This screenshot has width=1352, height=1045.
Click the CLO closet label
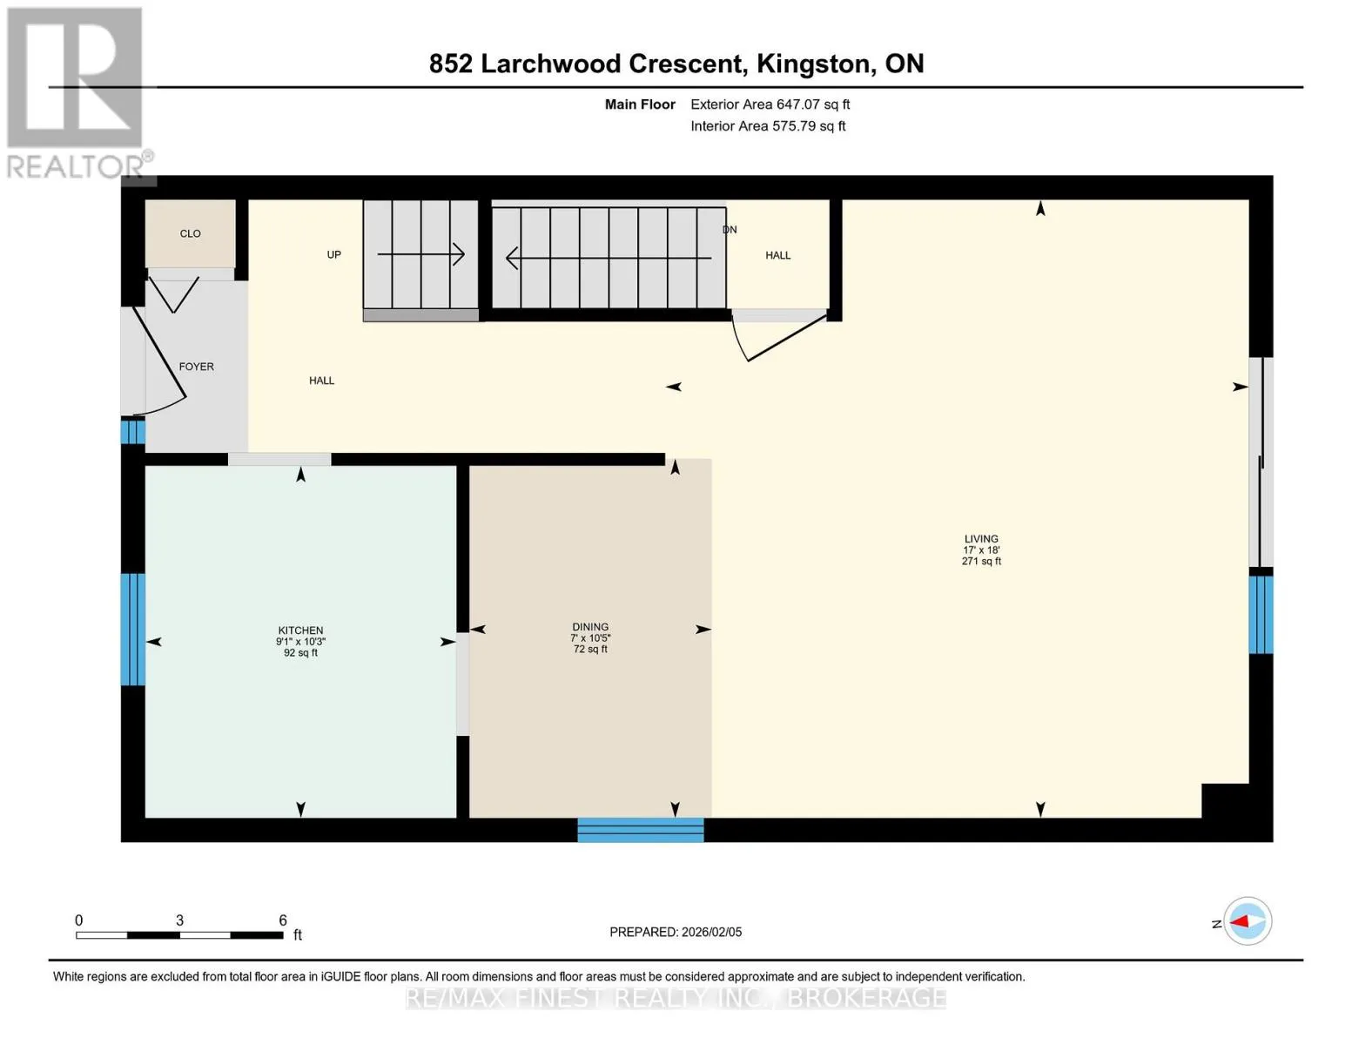pyautogui.click(x=190, y=233)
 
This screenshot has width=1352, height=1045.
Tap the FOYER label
pyautogui.click(x=196, y=367)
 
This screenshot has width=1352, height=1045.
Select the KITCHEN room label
pyautogui.click(x=300, y=630)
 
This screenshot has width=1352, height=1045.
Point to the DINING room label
pyautogui.click(x=590, y=627)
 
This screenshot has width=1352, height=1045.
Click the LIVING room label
pyautogui.click(x=981, y=539)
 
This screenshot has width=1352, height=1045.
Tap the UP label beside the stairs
pyautogui.click(x=334, y=254)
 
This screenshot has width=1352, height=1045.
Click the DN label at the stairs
pyautogui.click(x=730, y=230)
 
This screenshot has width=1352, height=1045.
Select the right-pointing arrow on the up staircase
pyautogui.click(x=420, y=254)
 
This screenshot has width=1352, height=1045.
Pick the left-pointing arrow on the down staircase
pyautogui.click(x=609, y=258)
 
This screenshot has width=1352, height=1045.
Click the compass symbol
pyautogui.click(x=1247, y=921)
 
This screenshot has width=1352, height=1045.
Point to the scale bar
pyautogui.click(x=180, y=934)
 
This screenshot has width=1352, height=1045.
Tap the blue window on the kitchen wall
pyautogui.click(x=132, y=630)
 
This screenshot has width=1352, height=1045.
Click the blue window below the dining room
pyautogui.click(x=640, y=830)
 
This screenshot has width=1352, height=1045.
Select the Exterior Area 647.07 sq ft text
pyautogui.click(x=770, y=104)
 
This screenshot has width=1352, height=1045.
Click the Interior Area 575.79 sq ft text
pyautogui.click(x=768, y=126)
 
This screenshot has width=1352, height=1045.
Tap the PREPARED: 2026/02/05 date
pyautogui.click(x=676, y=932)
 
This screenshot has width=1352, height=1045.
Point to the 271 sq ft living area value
pyautogui.click(x=981, y=562)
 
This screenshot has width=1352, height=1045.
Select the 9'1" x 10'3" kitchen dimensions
pyautogui.click(x=300, y=642)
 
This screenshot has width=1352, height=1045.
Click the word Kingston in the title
pyautogui.click(x=813, y=64)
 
